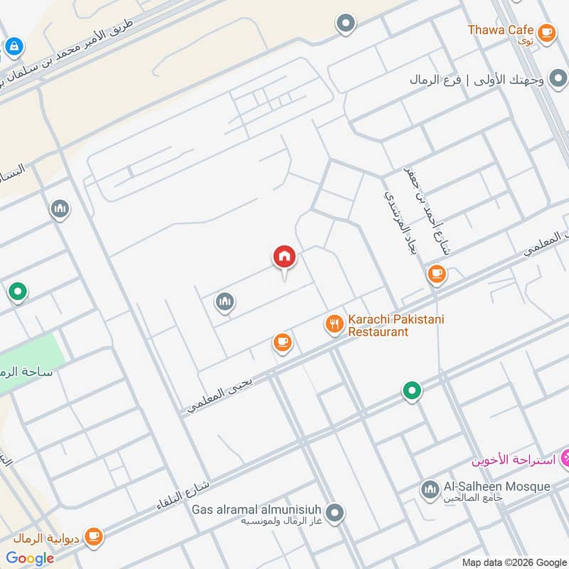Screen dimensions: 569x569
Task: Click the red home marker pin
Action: [x=284, y=257]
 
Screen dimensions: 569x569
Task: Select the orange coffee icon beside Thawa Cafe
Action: [x=546, y=31]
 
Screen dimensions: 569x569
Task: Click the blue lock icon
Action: [x=13, y=48]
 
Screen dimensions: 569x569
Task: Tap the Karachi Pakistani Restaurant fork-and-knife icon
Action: [x=334, y=325]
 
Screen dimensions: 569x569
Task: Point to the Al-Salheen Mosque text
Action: [x=496, y=486]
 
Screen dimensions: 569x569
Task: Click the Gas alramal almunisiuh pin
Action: [x=335, y=512]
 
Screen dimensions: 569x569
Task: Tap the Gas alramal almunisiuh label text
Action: [x=257, y=510]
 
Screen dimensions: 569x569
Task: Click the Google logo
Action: [x=30, y=558]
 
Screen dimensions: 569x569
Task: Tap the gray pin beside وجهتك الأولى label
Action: [x=558, y=78]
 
